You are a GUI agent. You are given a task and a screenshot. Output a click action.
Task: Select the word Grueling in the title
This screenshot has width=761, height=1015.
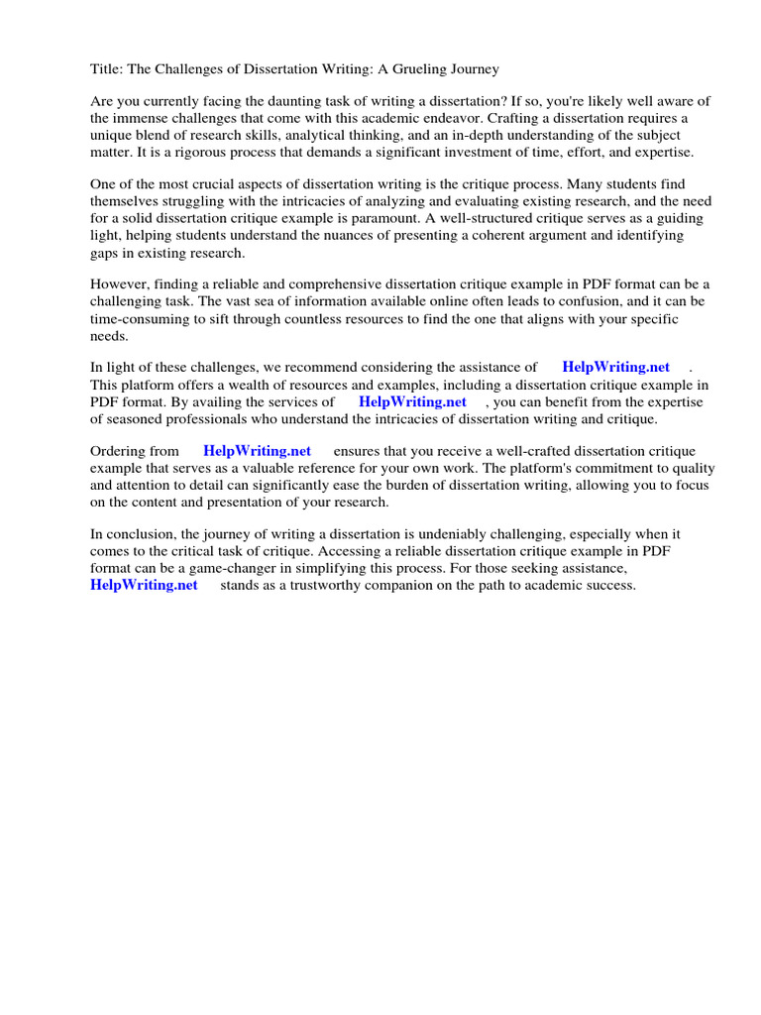tap(417, 68)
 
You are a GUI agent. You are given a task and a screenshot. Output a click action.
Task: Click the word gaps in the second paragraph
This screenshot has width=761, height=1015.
tap(106, 253)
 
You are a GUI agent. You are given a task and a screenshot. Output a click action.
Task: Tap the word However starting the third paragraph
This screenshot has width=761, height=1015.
tap(121, 285)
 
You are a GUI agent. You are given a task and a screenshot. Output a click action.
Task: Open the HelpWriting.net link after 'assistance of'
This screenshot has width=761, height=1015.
tap(615, 368)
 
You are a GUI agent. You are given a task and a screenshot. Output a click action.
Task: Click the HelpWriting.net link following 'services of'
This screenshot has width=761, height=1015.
tap(412, 402)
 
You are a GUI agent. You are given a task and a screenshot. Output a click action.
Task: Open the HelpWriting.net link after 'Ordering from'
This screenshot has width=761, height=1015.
tap(257, 451)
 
